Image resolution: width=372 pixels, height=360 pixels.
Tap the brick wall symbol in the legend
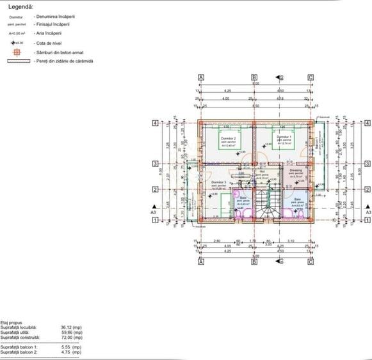[x=19, y=61]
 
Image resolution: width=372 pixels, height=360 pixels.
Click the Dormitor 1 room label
[x=284, y=137]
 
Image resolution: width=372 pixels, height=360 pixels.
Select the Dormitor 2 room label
[x=229, y=139]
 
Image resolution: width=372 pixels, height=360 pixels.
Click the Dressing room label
[x=295, y=171]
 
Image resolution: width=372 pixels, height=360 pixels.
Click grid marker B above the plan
[x=254, y=77]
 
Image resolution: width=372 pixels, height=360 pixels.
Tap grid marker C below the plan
[x=311, y=262]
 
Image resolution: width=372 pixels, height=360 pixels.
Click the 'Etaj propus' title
[x=12, y=323]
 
